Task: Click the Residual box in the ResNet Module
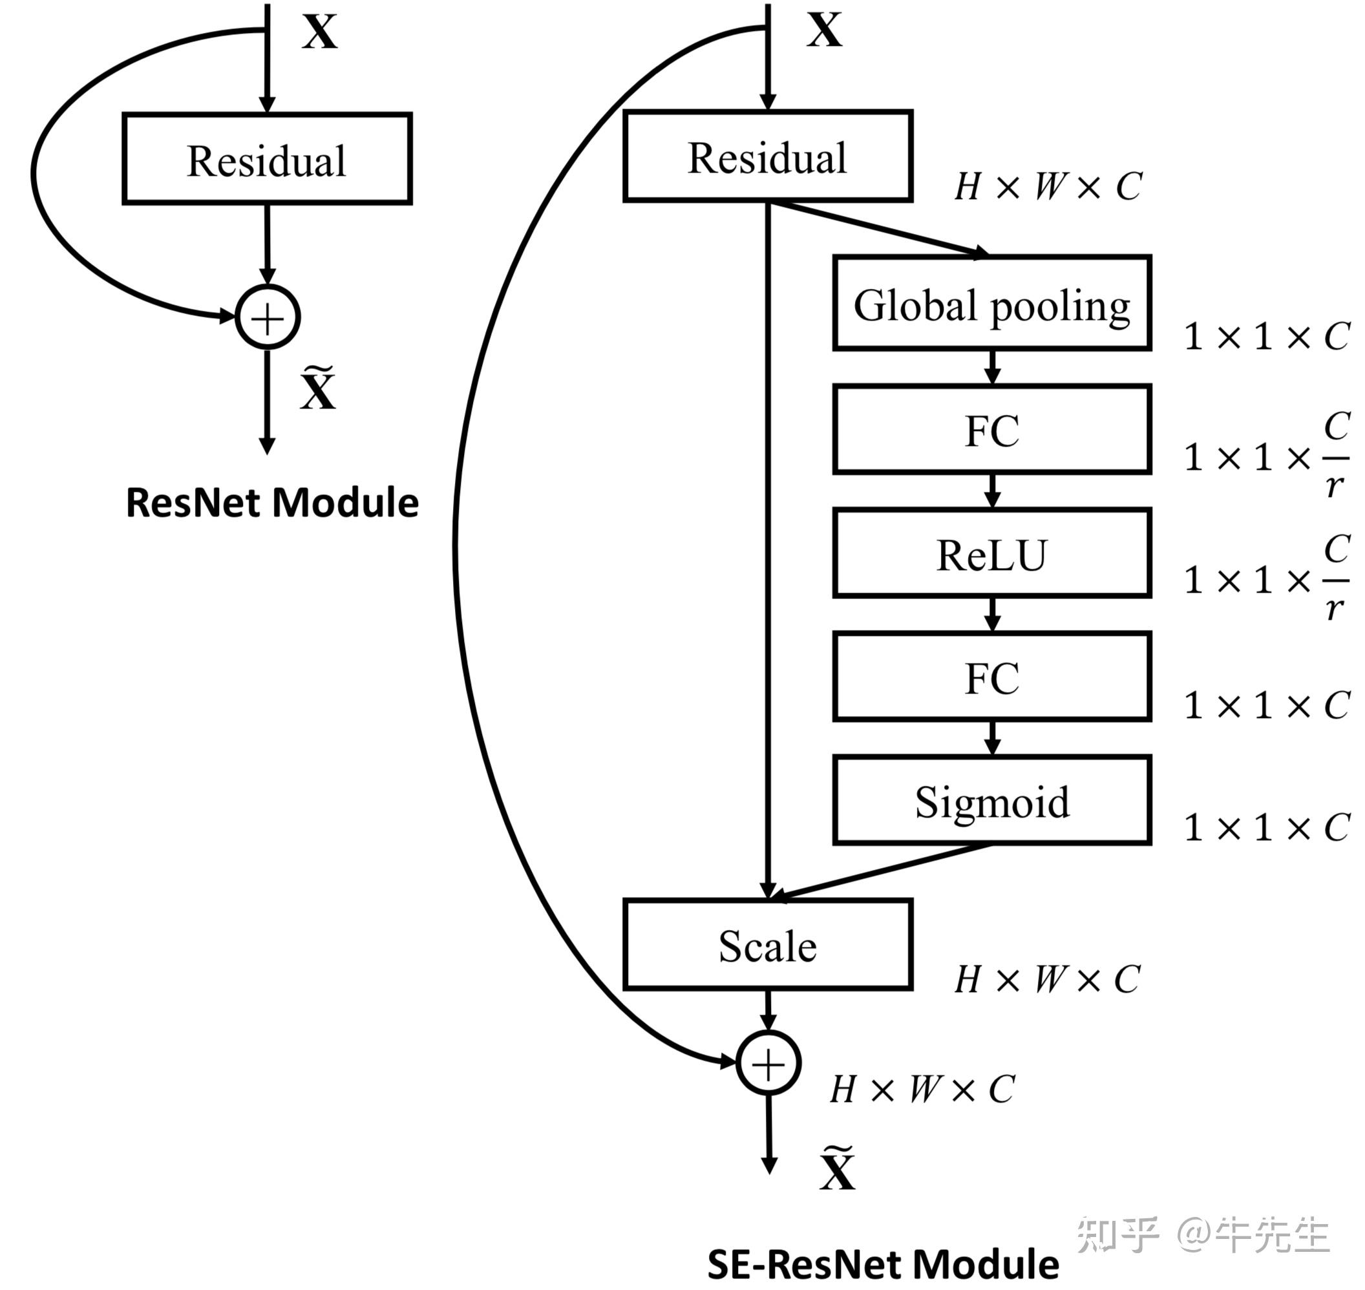pos(267,159)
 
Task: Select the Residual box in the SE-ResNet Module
pos(767,157)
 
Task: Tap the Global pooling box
pos(991,304)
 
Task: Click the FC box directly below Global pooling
pos(991,430)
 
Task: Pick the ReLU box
pos(991,553)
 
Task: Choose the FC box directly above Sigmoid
pos(991,677)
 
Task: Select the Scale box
pos(767,945)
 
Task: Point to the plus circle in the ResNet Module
pos(268,317)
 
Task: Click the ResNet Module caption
pos(272,503)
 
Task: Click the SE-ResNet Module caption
pos(883,1264)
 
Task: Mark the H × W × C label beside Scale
pos(1047,979)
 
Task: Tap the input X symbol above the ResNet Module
pos(320,32)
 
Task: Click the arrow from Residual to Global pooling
pos(880,228)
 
